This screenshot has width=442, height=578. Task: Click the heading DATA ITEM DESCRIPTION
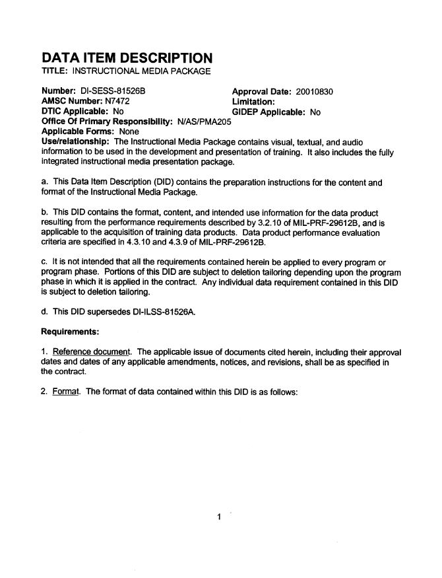pyautogui.click(x=127, y=57)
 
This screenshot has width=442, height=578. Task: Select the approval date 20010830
pyautogui.click(x=315, y=92)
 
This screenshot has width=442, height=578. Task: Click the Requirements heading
pyautogui.click(x=70, y=330)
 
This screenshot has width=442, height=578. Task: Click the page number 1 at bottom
pyautogui.click(x=218, y=517)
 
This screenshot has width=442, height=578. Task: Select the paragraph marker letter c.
pyautogui.click(x=44, y=262)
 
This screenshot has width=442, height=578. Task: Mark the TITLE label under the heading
pyautogui.click(x=55, y=71)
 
